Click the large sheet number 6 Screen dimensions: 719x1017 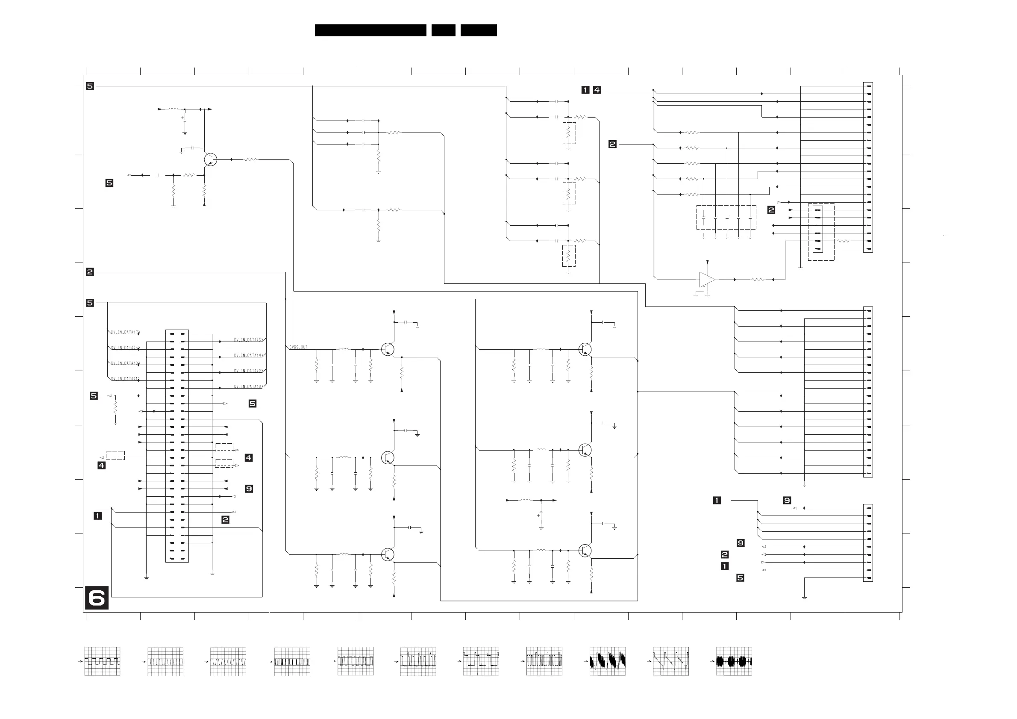point(97,598)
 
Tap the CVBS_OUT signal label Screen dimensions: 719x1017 point(298,348)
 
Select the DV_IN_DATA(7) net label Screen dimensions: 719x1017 point(125,332)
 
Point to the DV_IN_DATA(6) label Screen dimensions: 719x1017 point(248,340)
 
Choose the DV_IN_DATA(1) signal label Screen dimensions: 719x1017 point(125,379)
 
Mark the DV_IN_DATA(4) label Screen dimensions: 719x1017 point(248,356)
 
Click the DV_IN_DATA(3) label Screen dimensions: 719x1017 point(125,363)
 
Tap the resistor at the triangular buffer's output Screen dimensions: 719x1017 point(758,280)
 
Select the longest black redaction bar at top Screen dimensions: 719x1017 point(370,30)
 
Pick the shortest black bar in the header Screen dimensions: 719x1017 point(443,30)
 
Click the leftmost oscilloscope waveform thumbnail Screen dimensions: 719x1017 point(102,661)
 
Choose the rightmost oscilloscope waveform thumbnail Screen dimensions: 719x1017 point(734,661)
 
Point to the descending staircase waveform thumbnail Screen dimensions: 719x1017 point(670,661)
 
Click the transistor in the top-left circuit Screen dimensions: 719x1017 point(211,159)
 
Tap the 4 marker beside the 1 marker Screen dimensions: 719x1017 point(597,90)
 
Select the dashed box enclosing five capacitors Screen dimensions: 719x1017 point(726,217)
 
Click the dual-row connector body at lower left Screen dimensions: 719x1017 point(177,446)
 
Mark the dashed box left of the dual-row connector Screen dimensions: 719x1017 point(115,455)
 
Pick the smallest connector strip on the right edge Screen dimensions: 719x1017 point(868,543)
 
